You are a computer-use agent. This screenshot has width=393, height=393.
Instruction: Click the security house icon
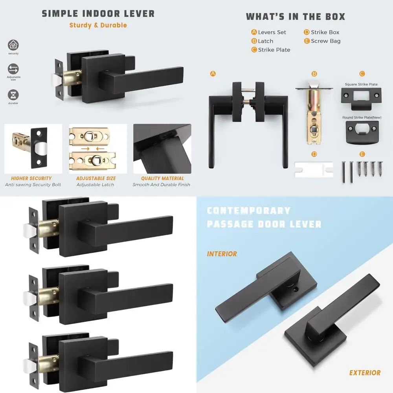click(13, 45)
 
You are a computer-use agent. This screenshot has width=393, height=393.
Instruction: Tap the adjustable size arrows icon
click(13, 69)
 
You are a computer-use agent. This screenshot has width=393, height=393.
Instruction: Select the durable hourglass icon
click(13, 95)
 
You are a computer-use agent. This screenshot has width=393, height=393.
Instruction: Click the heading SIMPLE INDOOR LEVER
click(98, 13)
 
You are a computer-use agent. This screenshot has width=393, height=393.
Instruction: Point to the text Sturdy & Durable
click(98, 25)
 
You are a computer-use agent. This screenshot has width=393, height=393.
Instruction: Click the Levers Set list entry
click(269, 32)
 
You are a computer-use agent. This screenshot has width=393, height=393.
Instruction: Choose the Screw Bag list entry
click(322, 41)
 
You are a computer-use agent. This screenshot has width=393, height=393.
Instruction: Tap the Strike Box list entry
click(321, 32)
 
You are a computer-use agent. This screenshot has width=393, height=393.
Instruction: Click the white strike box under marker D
click(314, 170)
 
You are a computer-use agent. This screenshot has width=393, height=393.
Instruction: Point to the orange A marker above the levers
click(213, 74)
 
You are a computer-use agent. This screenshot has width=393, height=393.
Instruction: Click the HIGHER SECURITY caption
click(31, 178)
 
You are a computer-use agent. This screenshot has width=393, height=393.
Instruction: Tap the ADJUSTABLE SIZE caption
click(96, 178)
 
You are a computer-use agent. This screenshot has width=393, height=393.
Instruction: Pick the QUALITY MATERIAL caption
click(162, 178)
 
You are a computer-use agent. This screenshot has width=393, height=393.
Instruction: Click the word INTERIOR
click(222, 254)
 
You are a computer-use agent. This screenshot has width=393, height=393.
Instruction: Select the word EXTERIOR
click(365, 373)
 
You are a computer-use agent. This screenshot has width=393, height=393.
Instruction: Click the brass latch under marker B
click(314, 113)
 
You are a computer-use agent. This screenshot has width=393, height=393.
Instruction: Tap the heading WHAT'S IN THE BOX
click(296, 17)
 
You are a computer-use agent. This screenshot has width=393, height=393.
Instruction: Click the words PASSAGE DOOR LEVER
click(264, 224)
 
